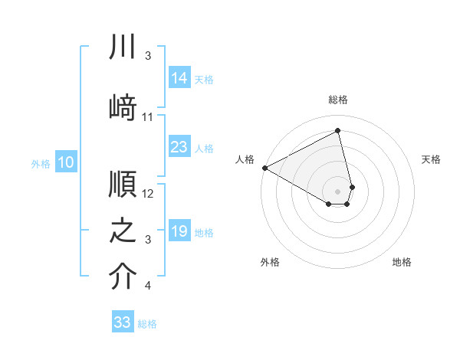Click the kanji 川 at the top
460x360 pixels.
tap(123, 47)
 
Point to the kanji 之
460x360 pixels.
tap(123, 231)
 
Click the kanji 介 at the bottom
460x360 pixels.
tap(123, 277)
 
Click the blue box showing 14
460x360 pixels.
tap(179, 77)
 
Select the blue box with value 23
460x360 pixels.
tap(179, 147)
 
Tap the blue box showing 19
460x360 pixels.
tap(179, 231)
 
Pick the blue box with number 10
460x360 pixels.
tap(66, 162)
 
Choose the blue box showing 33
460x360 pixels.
tap(123, 322)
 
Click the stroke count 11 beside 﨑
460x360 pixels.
tap(148, 117)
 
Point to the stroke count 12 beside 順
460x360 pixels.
tap(148, 194)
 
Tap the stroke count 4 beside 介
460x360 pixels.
tap(148, 286)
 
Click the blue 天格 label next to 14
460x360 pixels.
tap(204, 79)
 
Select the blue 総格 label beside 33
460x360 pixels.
tap(147, 324)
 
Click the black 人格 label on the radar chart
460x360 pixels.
tap(245, 159)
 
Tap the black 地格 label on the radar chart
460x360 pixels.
tap(402, 262)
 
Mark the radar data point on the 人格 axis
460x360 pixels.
tap(264, 168)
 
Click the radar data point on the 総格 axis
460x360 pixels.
tap(338, 131)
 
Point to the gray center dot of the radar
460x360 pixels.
tap(338, 190)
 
